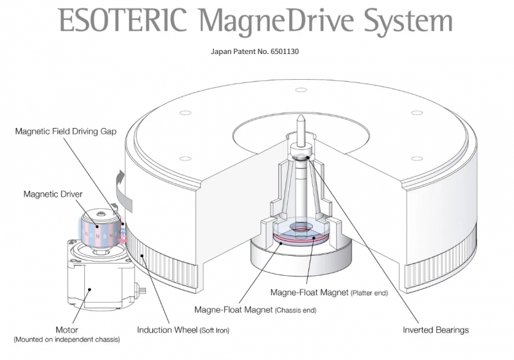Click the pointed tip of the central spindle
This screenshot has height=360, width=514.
tap(300, 119)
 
